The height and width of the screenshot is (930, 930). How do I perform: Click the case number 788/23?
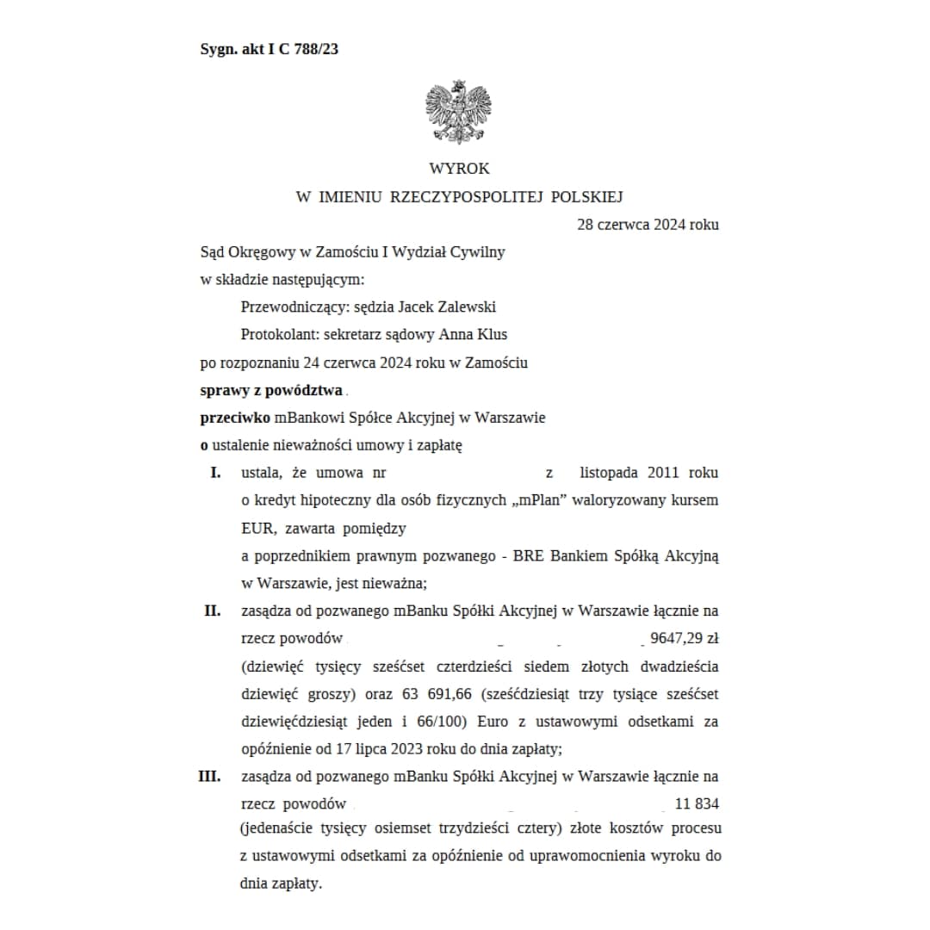[x=315, y=49]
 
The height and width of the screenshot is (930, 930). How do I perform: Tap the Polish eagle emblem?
[x=457, y=112]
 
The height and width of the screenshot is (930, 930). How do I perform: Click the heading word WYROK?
[x=459, y=169]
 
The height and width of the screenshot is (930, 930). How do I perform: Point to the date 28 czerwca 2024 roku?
[x=648, y=225]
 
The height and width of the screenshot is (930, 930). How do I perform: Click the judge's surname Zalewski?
[x=466, y=307]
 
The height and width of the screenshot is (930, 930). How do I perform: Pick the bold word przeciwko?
[x=235, y=418]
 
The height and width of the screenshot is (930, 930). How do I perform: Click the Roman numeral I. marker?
[x=216, y=473]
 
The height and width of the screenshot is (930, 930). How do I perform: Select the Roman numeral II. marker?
[x=213, y=611]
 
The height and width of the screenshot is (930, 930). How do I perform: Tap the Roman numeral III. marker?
[x=209, y=776]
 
